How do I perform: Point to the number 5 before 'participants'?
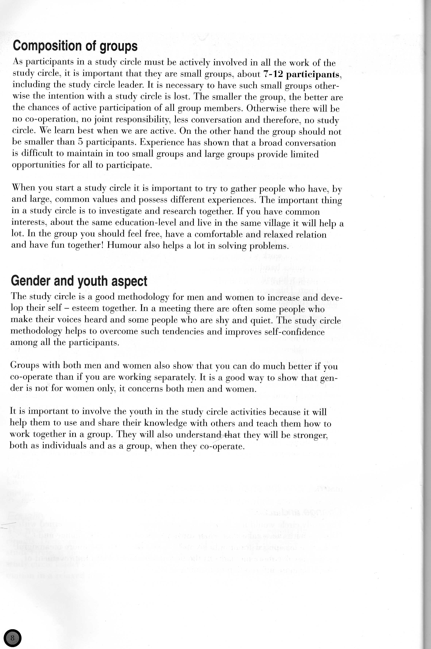click(x=81, y=142)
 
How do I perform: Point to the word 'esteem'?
click(x=85, y=308)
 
